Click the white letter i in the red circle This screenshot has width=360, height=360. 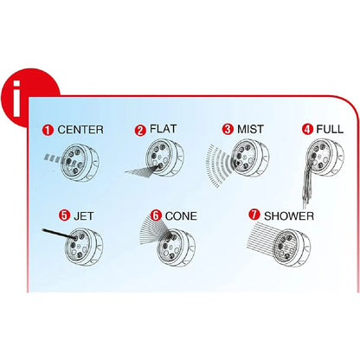tap(16, 99)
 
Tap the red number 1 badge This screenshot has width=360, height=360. tap(48, 130)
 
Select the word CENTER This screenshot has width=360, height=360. tap(80, 130)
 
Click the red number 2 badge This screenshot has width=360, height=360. tap(140, 130)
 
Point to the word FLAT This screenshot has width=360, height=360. tap(163, 129)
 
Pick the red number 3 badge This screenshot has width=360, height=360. tap(228, 129)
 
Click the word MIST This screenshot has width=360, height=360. tap(250, 129)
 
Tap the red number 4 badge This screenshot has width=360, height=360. tap(307, 129)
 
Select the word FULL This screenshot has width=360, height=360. tap(330, 129)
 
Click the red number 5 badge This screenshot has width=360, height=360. tap(64, 215)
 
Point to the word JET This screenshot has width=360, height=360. tap(84, 215)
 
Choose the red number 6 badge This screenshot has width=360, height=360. tap(156, 215)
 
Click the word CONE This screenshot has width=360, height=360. tap(181, 215)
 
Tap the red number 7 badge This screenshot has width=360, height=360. tap(254, 215)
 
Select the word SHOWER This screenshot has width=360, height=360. tap(289, 215)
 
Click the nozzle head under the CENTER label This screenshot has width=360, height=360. tap(80, 163)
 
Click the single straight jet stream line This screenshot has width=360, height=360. tap(59, 234)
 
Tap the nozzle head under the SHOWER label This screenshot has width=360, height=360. tap(292, 247)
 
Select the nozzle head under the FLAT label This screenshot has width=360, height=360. tap(164, 158)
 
